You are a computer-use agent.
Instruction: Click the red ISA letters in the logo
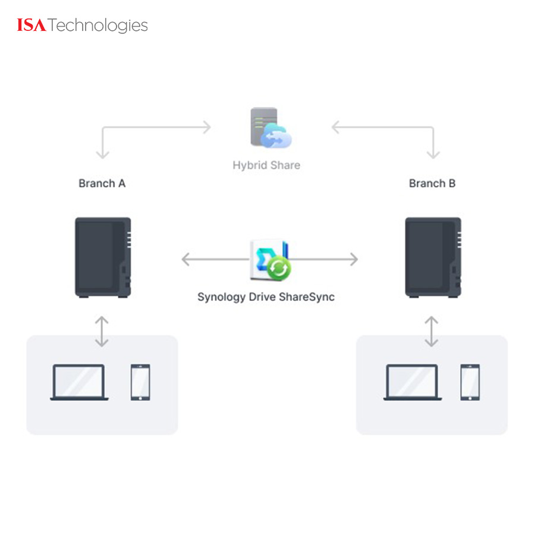tap(32, 26)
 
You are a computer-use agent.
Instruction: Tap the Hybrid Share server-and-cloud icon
tap(269, 128)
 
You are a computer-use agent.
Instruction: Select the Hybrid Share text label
tap(266, 165)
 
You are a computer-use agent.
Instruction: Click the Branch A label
tap(102, 183)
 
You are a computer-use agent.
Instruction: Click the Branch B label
tap(432, 183)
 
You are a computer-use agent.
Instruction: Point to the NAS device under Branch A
tap(102, 257)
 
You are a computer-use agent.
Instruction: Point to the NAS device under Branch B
tap(433, 257)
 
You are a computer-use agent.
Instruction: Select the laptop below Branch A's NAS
tap(79, 382)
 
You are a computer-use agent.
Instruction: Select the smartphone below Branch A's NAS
tap(140, 382)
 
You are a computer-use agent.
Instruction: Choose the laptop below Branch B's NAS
tap(412, 382)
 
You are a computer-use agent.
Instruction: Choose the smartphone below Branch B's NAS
tap(470, 382)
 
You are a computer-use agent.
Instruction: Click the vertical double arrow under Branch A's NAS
tap(102, 331)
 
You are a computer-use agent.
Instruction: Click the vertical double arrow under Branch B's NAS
tap(432, 331)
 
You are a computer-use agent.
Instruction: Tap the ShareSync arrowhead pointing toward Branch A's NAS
tap(185, 259)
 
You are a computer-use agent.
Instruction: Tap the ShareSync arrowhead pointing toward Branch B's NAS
tap(354, 259)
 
